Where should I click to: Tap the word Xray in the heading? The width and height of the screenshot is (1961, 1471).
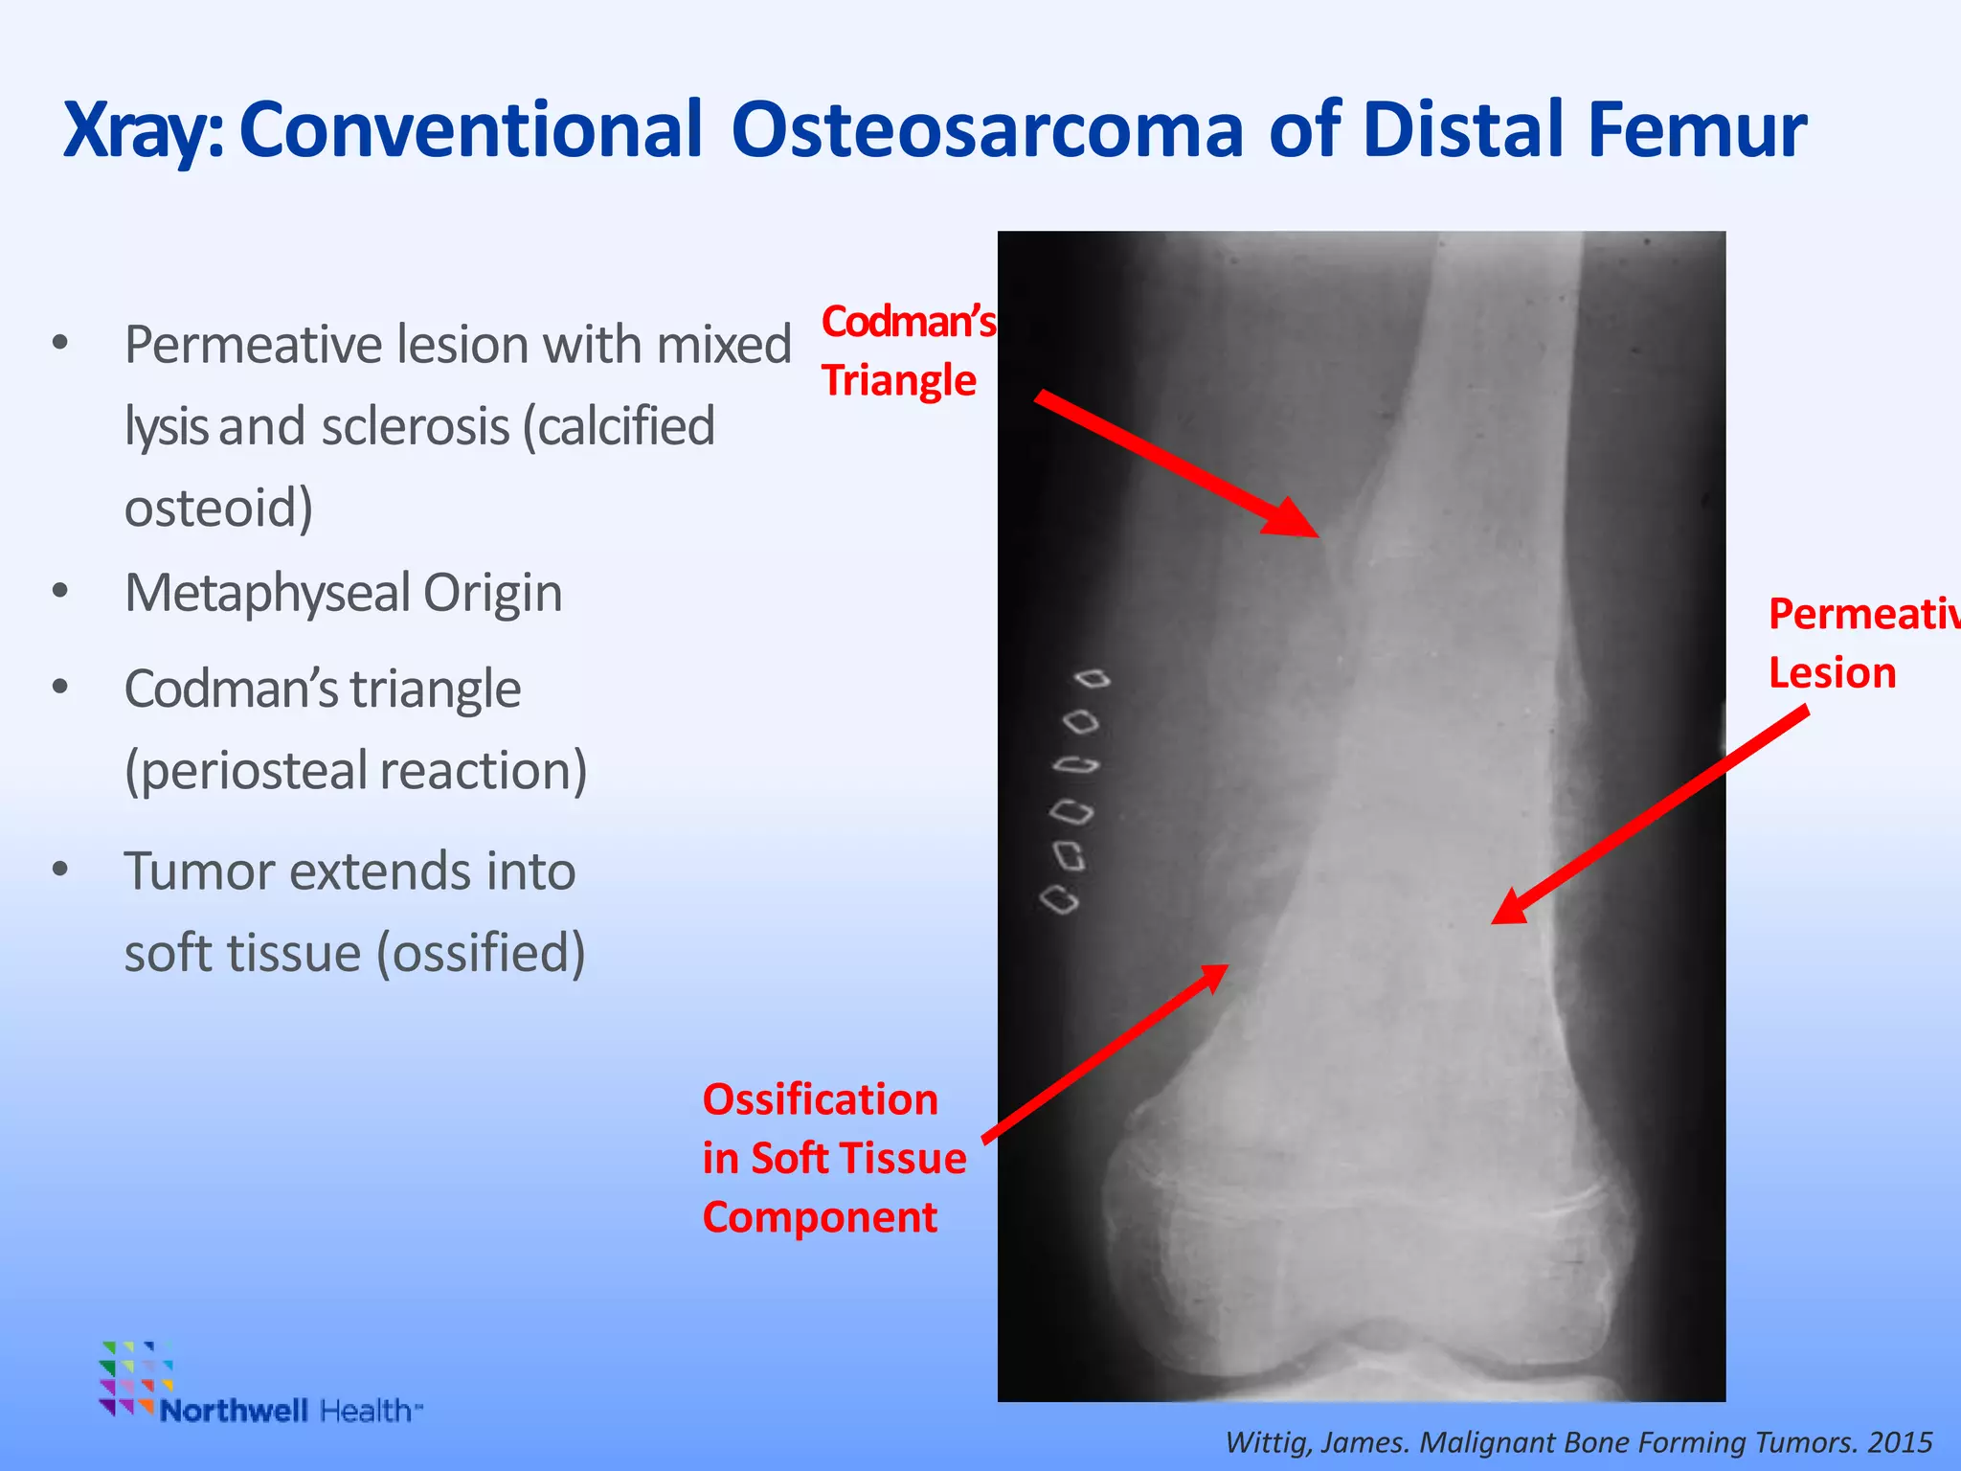click(x=139, y=132)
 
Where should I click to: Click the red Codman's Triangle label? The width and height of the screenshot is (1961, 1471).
click(x=905, y=351)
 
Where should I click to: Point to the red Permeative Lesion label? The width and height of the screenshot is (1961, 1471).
click(x=1858, y=644)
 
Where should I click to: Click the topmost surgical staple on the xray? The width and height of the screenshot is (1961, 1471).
click(x=1093, y=679)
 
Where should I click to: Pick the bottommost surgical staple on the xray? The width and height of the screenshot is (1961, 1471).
click(x=1060, y=900)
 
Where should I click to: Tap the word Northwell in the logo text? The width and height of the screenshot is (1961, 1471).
click(x=234, y=1411)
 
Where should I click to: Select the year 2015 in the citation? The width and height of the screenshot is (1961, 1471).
click(x=1900, y=1441)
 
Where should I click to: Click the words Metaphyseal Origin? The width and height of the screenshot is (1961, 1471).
click(x=343, y=593)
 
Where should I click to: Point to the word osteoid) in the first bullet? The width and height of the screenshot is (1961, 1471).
click(x=218, y=508)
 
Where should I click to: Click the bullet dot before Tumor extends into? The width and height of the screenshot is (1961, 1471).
click(x=60, y=870)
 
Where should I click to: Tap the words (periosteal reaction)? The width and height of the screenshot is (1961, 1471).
click(x=355, y=770)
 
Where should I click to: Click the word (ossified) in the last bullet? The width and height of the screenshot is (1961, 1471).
click(x=481, y=953)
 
